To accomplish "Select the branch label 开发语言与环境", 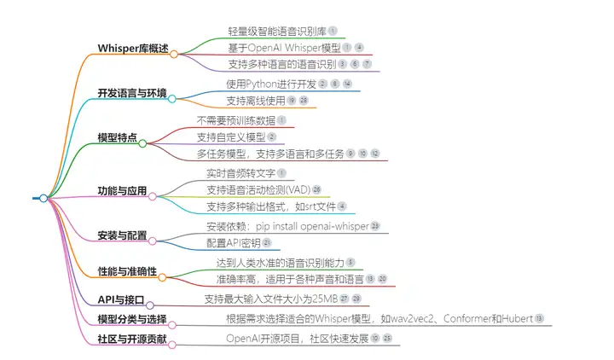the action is pyautogui.click(x=132, y=93).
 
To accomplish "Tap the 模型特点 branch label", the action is pyautogui.click(x=117, y=136).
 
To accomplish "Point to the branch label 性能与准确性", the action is pyautogui.click(x=127, y=271).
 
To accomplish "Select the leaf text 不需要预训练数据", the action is pyautogui.click(x=235, y=120).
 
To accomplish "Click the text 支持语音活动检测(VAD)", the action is pyautogui.click(x=258, y=189).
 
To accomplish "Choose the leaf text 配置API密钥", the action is pyautogui.click(x=232, y=243).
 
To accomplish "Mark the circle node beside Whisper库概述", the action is pyautogui.click(x=174, y=54).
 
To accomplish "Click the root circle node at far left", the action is pyautogui.click(x=43, y=198).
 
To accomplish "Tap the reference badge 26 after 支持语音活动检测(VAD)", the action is pyautogui.click(x=316, y=189).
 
